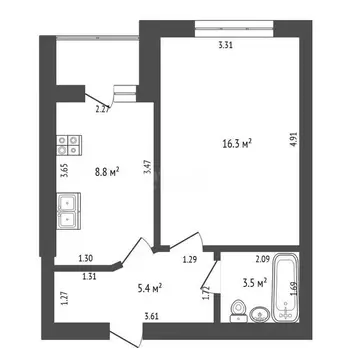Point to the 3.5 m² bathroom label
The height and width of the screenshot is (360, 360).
point(254,283)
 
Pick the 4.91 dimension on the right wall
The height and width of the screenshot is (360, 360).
point(294,142)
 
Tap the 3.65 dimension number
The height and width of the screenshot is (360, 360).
point(63,170)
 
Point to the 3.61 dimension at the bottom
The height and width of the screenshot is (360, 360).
point(152,317)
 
